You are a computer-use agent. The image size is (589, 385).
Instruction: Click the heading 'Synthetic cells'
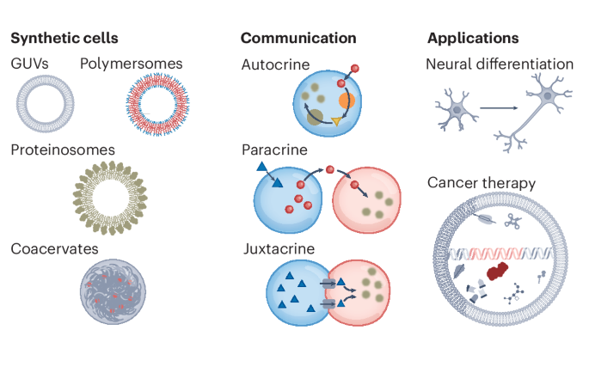(64, 38)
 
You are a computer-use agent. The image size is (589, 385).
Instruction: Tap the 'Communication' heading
(298, 38)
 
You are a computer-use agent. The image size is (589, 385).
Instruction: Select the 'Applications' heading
(473, 38)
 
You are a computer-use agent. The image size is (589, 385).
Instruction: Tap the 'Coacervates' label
(54, 248)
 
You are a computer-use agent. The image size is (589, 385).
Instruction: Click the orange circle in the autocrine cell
(347, 101)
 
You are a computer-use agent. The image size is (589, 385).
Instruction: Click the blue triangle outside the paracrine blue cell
(261, 167)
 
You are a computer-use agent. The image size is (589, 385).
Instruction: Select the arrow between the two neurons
(503, 108)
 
